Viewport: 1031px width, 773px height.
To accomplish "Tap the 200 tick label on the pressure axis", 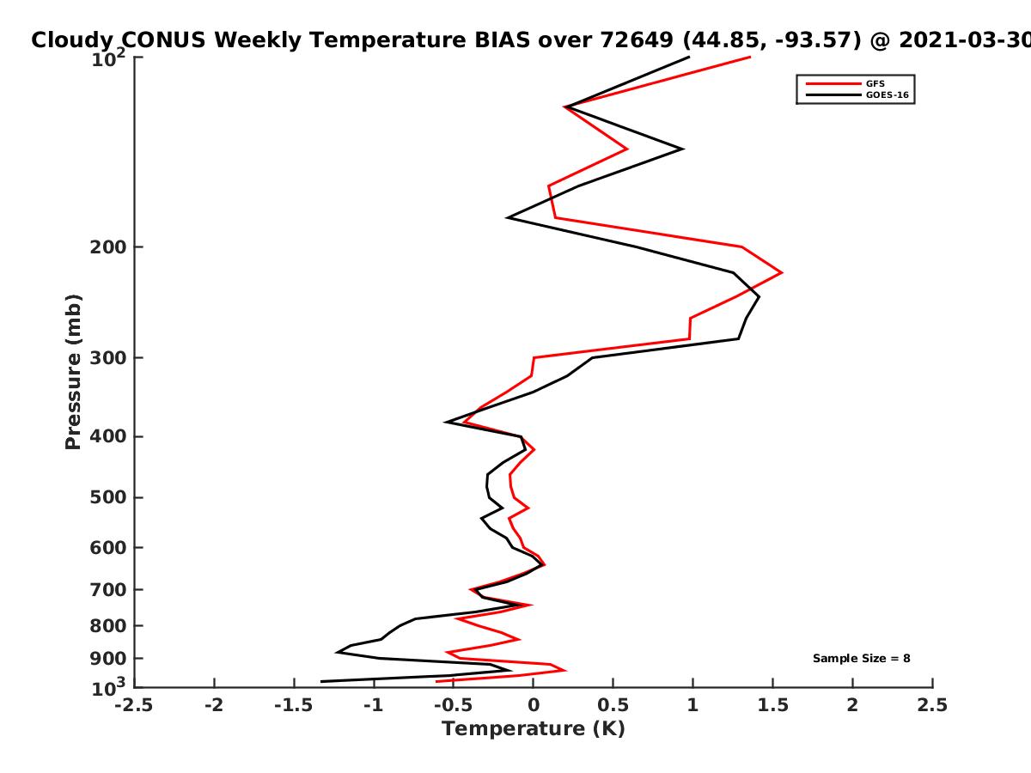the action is click(108, 247).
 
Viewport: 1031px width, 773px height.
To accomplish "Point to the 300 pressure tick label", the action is click(108, 358).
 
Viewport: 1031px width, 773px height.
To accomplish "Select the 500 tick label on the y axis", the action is click(108, 497).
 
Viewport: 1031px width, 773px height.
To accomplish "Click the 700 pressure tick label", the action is click(108, 590).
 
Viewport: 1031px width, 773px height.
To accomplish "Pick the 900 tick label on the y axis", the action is click(108, 659).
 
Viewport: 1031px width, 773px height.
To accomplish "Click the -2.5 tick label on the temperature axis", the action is click(134, 705).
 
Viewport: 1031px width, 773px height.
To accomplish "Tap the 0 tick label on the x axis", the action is click(534, 705).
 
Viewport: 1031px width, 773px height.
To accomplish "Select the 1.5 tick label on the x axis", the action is click(773, 705).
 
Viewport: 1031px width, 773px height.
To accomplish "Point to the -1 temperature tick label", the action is click(374, 705).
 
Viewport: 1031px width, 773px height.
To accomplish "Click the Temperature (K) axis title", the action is click(534, 729).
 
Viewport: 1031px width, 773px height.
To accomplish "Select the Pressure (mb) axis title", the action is click(73, 372).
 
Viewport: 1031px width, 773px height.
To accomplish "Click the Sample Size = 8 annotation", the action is click(862, 659).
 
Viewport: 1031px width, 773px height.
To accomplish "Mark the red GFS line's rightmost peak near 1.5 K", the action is click(782, 272).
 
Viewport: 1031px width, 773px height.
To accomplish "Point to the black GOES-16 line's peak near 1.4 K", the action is click(759, 296).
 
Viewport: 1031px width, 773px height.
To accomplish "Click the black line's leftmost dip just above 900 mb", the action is click(337, 653).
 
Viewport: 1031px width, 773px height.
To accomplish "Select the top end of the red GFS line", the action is click(750, 58).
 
